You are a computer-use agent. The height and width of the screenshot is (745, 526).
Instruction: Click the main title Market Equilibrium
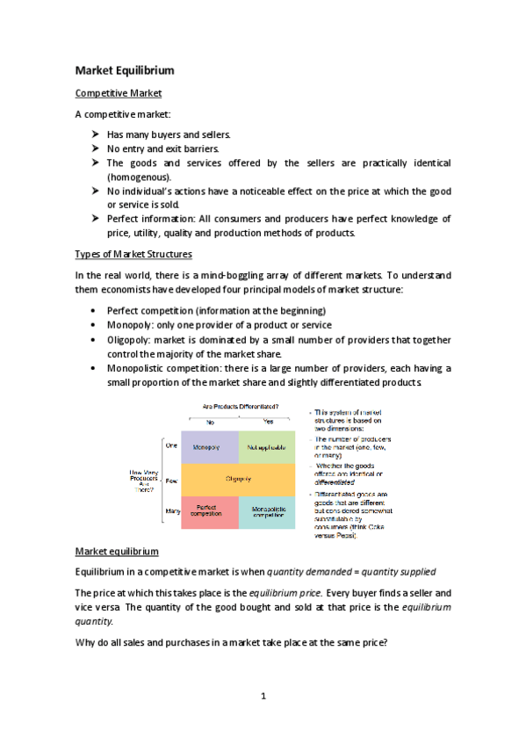tap(124, 70)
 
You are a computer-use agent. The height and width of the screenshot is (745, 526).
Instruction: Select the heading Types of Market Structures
tap(133, 254)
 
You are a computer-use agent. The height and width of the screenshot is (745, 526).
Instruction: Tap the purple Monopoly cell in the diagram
tap(209, 447)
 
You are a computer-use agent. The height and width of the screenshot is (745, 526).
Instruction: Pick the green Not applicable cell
tap(267, 447)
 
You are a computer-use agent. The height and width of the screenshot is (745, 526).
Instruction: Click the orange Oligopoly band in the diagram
tap(238, 479)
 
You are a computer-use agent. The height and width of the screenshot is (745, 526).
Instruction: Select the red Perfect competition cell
tap(209, 510)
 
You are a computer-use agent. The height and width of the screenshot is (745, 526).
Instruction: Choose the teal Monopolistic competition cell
tap(267, 510)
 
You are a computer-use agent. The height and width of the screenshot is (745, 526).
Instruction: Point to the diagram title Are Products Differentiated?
tap(241, 407)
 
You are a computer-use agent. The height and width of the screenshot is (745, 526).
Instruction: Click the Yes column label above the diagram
tap(269, 422)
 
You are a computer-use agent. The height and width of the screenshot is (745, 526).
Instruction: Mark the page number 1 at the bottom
tap(263, 697)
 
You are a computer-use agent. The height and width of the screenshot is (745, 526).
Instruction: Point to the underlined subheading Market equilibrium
tap(117, 551)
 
